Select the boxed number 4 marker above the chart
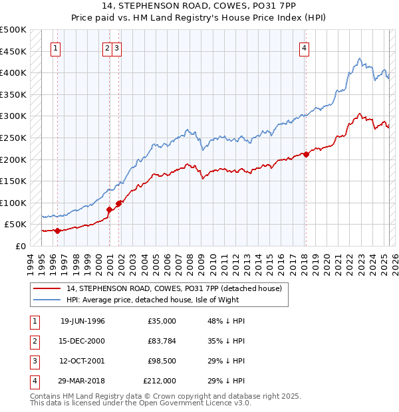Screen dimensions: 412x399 coord(304,47)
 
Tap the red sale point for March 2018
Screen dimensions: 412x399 coord(306,154)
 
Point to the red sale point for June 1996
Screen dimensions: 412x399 coord(57,231)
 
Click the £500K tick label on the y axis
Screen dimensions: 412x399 coord(13,30)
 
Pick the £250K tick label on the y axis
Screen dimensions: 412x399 coord(13,138)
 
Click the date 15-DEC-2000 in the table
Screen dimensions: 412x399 coord(82,341)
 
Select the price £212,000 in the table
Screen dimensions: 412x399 coord(160,381)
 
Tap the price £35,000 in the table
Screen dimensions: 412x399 coord(162,321)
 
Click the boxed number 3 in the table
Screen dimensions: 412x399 coord(34,361)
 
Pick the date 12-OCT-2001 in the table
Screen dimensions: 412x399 coord(82,361)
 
